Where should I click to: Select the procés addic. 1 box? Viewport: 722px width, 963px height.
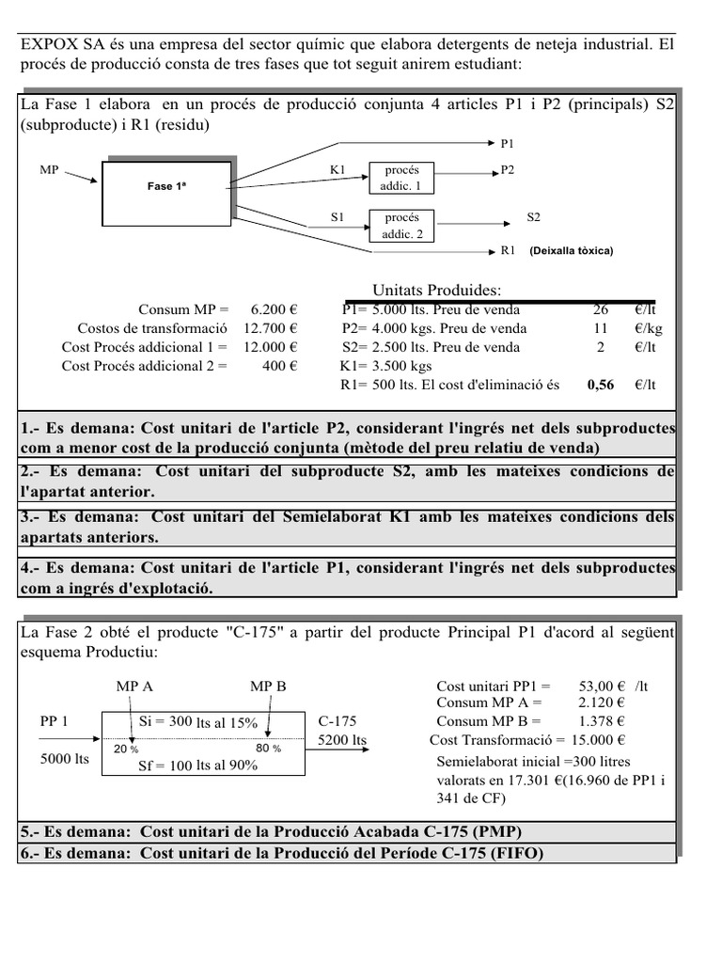click(x=401, y=178)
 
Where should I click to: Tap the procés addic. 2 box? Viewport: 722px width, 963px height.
click(x=401, y=226)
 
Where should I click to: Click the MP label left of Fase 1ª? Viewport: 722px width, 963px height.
click(x=50, y=170)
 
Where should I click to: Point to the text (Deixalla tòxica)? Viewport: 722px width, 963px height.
click(x=571, y=251)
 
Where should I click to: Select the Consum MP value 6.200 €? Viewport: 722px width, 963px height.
click(x=274, y=309)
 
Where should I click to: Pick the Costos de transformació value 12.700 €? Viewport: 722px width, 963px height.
click(x=271, y=328)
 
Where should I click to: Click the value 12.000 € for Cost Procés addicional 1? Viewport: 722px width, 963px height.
click(x=271, y=347)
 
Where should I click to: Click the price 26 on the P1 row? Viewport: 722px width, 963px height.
click(x=601, y=309)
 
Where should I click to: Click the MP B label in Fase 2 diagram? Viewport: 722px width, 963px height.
click(x=268, y=687)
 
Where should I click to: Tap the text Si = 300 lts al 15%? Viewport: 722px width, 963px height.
click(x=196, y=722)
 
